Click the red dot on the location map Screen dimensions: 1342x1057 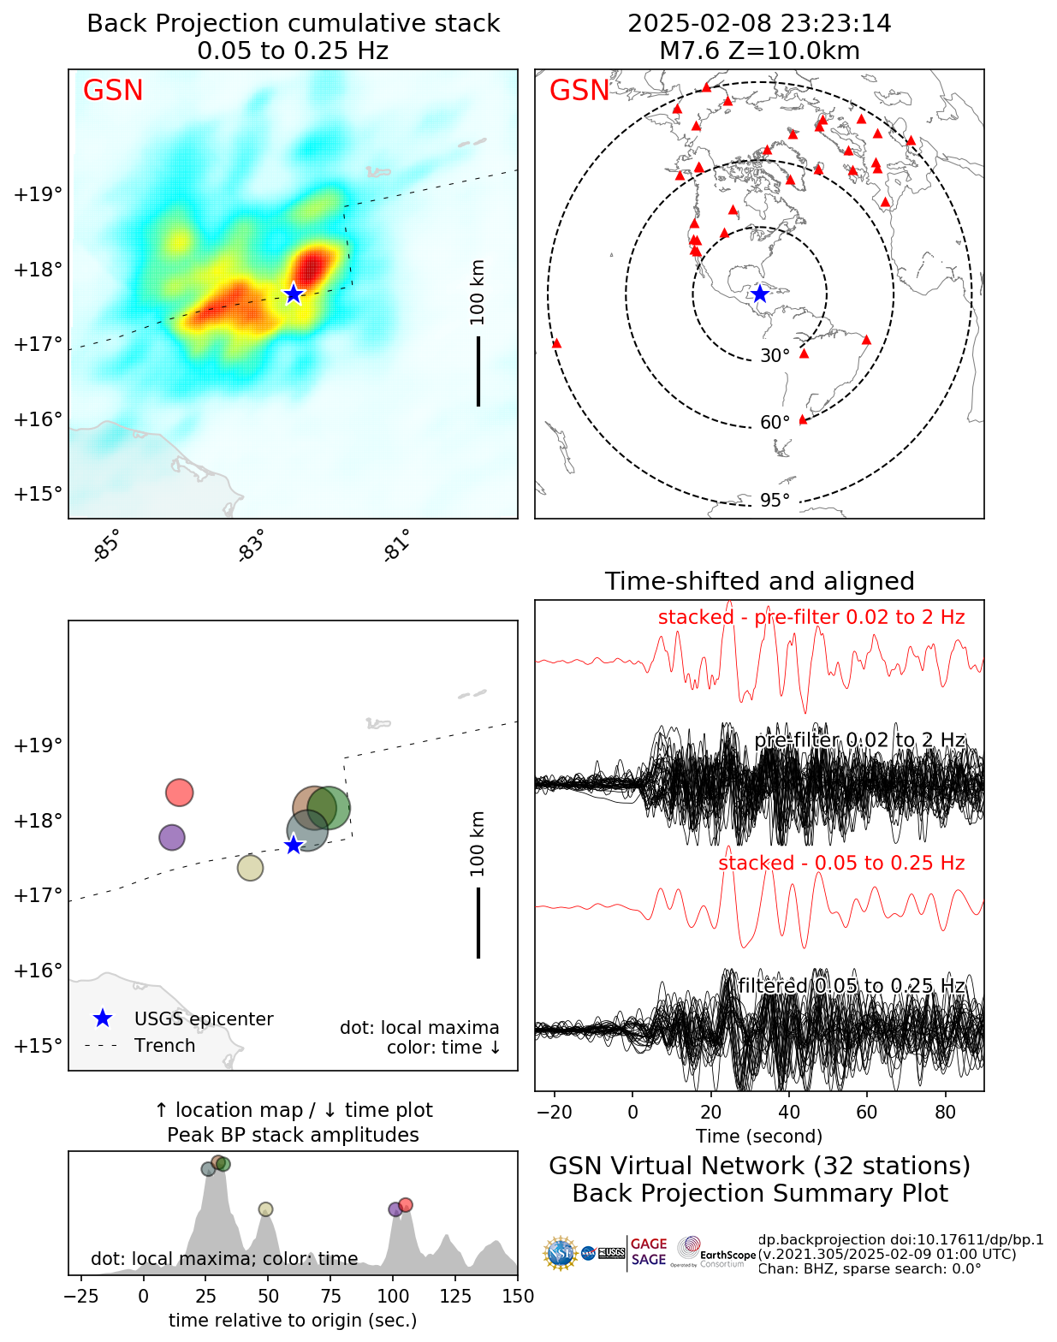pos(179,793)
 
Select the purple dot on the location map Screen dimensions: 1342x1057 pos(172,837)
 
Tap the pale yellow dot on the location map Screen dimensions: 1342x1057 pos(250,868)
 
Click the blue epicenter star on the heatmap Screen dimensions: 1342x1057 pos(294,294)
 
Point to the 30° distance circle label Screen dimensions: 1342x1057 pos(775,356)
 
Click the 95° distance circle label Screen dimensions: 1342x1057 pos(775,501)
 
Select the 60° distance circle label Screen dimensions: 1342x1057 pos(775,423)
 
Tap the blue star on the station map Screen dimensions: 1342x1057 pos(759,294)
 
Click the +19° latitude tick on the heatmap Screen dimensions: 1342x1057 pos(39,194)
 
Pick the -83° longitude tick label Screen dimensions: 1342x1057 pos(251,546)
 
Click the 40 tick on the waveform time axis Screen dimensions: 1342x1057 pos(789,1112)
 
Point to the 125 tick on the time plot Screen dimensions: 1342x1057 pos(456,1296)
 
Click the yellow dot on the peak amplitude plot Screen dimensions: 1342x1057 pos(265,1209)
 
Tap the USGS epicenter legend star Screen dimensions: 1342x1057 pos(103,1018)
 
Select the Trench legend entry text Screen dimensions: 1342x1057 pos(164,1046)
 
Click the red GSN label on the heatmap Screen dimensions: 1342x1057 pos(113,91)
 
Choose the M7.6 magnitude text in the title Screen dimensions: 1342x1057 pos(688,51)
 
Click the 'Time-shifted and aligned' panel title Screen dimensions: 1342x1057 pos(759,582)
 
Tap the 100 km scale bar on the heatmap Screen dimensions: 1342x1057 pos(478,371)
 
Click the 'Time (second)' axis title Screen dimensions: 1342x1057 pos(759,1137)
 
